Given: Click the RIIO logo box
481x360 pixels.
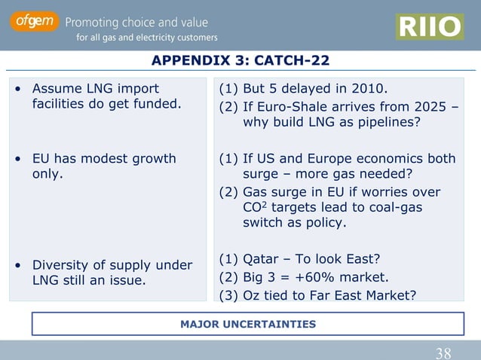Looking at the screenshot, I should tap(429, 27).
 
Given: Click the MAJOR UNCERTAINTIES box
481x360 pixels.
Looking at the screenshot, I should tap(247, 325).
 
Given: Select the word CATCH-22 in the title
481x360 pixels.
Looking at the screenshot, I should tap(293, 61).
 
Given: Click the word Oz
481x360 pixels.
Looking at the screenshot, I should tap(252, 294).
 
